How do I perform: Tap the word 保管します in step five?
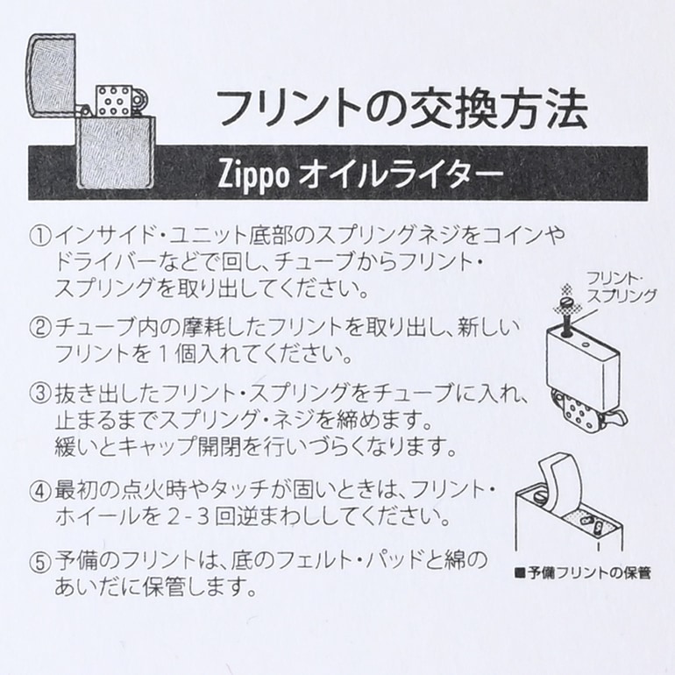pyautogui.click(x=216, y=586)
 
